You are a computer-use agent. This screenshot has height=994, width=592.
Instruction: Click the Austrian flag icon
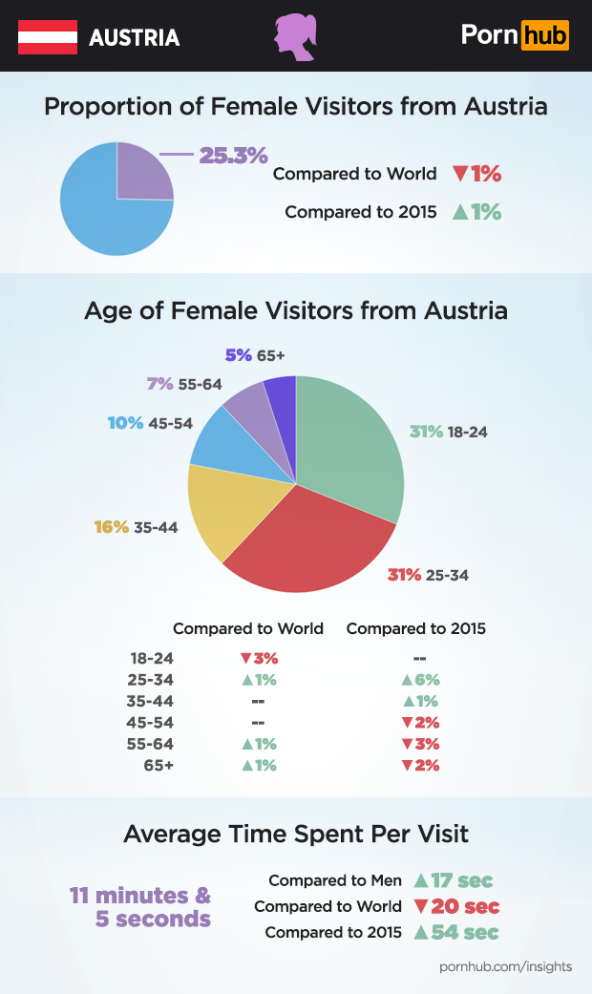[47, 36]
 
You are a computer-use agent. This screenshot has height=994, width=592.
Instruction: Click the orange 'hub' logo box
[545, 36]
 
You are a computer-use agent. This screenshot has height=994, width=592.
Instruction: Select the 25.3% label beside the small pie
[233, 155]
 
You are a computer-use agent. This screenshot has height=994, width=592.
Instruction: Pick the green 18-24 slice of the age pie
[349, 439]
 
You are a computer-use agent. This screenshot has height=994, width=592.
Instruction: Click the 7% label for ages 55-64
[159, 384]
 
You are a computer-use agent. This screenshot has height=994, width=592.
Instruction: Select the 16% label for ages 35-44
[111, 527]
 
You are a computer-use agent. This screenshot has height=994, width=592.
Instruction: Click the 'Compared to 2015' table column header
[415, 628]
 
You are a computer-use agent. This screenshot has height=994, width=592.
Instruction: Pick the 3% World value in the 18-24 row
[259, 658]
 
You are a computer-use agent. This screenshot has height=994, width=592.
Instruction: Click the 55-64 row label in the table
[152, 744]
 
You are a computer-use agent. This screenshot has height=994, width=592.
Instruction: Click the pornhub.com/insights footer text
[505, 966]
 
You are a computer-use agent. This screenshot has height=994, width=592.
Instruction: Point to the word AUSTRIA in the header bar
[134, 38]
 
